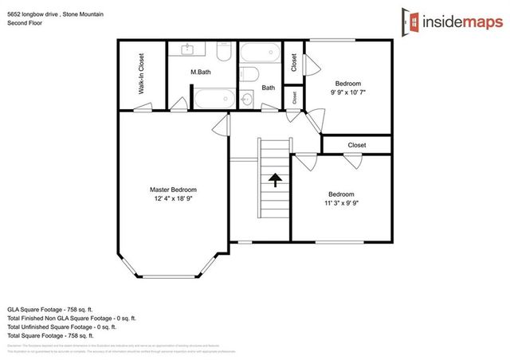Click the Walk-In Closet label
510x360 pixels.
coord(141,75)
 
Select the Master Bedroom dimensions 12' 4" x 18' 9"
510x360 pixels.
coord(173,199)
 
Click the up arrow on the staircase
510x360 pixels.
coord(274,180)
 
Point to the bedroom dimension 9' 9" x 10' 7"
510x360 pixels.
coord(348,92)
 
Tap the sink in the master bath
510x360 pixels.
coord(190,51)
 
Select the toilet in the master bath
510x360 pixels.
coord(225,53)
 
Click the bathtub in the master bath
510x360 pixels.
coord(214,102)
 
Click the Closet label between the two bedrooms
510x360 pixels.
coord(357,145)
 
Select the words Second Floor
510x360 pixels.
coord(25,23)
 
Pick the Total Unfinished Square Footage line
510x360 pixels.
coord(61,327)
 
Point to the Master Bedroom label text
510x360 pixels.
coord(173,190)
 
